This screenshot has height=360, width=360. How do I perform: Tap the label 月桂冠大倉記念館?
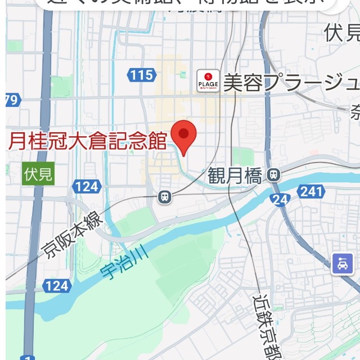[x=87, y=140]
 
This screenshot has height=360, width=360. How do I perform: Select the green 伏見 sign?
[x=38, y=173]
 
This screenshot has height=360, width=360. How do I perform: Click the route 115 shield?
[x=141, y=74]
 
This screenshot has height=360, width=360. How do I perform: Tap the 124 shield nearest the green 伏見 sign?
[x=86, y=186]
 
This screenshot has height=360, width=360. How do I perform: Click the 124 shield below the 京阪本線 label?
[x=56, y=286]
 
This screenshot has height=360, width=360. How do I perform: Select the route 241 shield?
[x=310, y=191]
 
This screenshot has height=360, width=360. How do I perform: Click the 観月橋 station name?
[x=235, y=176]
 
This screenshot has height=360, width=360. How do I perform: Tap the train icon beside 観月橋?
[x=274, y=174]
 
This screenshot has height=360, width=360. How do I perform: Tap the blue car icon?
[x=342, y=263]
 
